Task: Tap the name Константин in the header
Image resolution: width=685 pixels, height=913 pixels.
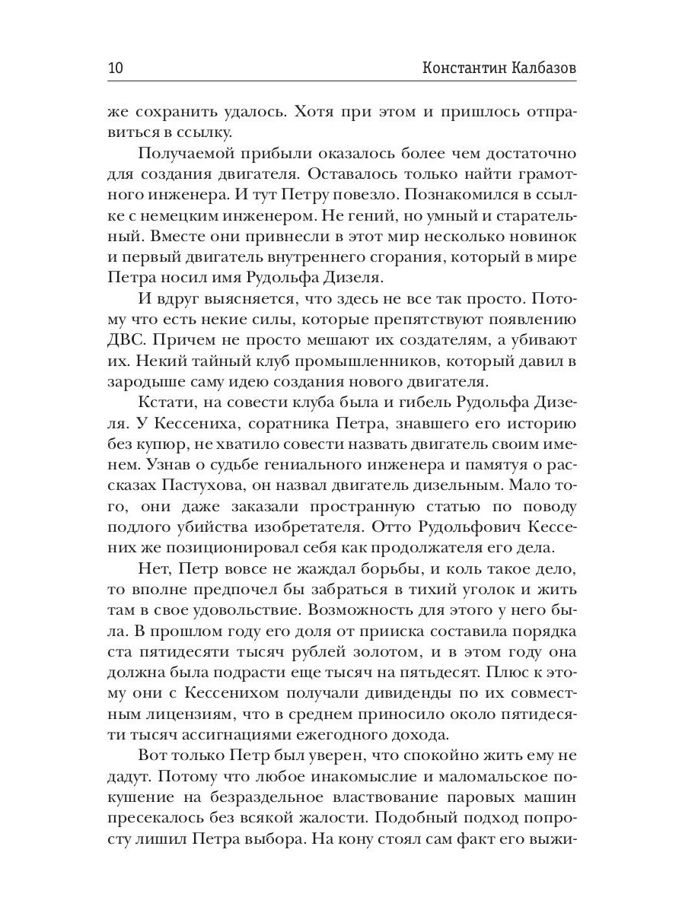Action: [465, 68]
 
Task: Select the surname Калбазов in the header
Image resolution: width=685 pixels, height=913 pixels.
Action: [541, 68]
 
